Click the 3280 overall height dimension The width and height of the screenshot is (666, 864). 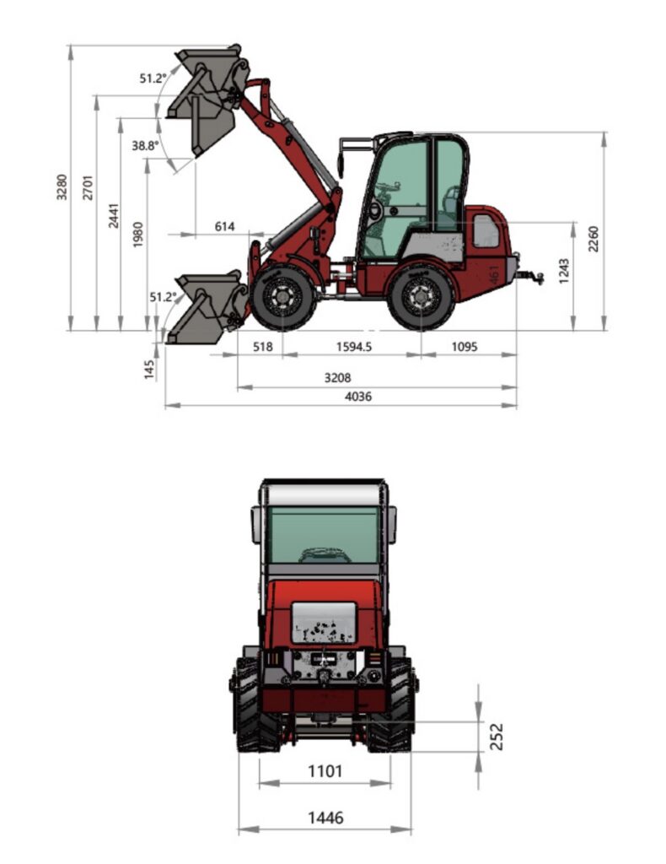[62, 187]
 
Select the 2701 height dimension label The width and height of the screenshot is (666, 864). [88, 187]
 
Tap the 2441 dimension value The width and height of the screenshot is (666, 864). [113, 216]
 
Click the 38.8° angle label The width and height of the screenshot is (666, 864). [145, 145]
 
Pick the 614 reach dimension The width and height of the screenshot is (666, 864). [224, 226]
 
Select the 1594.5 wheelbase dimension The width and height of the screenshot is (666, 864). [353, 347]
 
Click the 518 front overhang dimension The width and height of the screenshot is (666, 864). [262, 347]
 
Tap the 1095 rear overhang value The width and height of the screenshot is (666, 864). [465, 347]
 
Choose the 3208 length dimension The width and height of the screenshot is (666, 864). [337, 378]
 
